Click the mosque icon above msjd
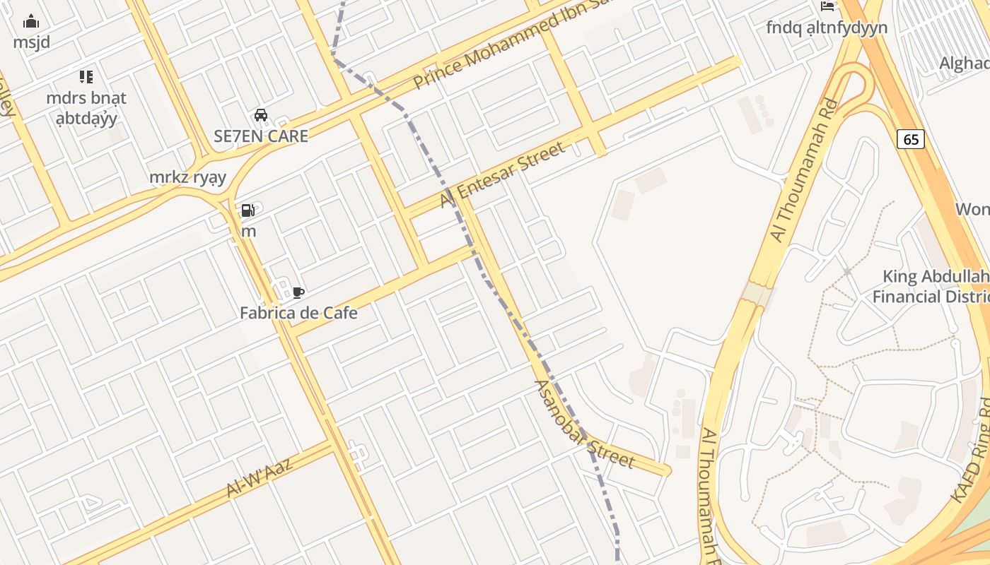(31, 22)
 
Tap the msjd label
(32, 42)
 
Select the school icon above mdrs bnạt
(86, 77)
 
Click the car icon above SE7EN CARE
(260, 115)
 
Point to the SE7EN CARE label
(261, 136)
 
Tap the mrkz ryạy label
(187, 177)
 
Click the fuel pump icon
(248, 210)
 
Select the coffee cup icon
(298, 292)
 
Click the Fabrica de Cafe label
(298, 313)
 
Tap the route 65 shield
(911, 139)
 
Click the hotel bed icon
(827, 6)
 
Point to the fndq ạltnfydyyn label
(827, 28)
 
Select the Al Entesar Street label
(503, 174)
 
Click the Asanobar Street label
(583, 424)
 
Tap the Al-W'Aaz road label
(270, 476)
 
